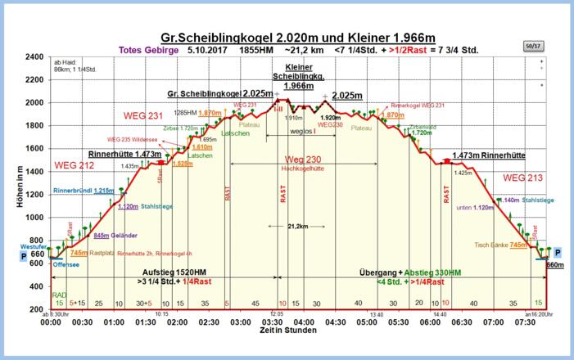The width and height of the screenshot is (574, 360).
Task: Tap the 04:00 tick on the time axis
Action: tap(303, 322)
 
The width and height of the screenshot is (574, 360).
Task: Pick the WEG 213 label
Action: tap(522, 177)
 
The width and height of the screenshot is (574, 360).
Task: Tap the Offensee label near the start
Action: tap(65, 265)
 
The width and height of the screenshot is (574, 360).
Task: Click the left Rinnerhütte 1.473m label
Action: tap(123, 154)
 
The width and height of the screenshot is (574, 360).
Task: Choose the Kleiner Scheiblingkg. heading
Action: tap(298, 74)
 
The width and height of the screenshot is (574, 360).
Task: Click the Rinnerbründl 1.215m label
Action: tap(84, 191)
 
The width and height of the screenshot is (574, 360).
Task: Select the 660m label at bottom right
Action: tap(554, 266)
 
